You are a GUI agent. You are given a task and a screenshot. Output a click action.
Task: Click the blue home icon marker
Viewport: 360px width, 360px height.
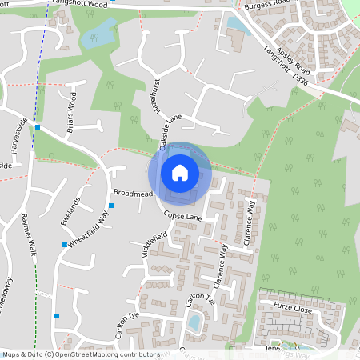tap(180, 172)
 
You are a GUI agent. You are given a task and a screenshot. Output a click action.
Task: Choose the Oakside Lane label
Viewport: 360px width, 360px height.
tap(171, 131)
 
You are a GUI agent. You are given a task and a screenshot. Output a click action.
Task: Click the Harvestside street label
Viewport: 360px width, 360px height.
tap(14, 140)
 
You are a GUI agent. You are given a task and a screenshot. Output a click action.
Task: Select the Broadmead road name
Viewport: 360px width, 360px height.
tap(133, 194)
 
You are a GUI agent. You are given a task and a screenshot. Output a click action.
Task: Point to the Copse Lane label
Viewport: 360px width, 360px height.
tap(183, 217)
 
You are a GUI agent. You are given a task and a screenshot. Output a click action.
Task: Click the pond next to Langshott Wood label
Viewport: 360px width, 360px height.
tap(98, 33)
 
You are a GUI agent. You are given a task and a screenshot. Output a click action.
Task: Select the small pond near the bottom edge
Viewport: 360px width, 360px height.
tap(194, 322)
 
